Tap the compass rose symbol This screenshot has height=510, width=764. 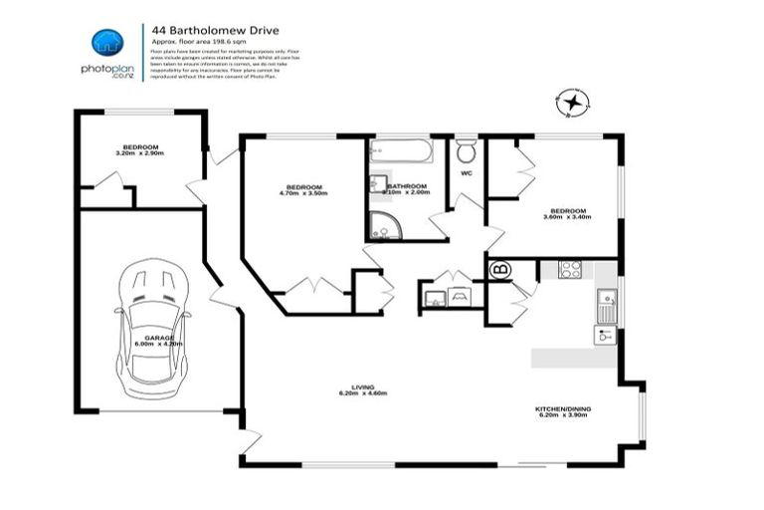pyautogui.click(x=572, y=102)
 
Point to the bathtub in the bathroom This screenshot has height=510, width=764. pyautogui.click(x=401, y=152)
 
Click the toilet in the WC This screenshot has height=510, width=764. pyautogui.click(x=466, y=152)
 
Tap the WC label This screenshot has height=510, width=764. pyautogui.click(x=465, y=176)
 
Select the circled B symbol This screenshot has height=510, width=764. pyautogui.click(x=499, y=268)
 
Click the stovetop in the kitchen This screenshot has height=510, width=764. pyautogui.click(x=570, y=268)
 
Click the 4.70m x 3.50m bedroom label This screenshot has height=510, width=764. pyautogui.click(x=305, y=190)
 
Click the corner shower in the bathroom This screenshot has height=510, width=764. pyautogui.click(x=383, y=226)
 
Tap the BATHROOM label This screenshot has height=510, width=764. pyautogui.click(x=408, y=189)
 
